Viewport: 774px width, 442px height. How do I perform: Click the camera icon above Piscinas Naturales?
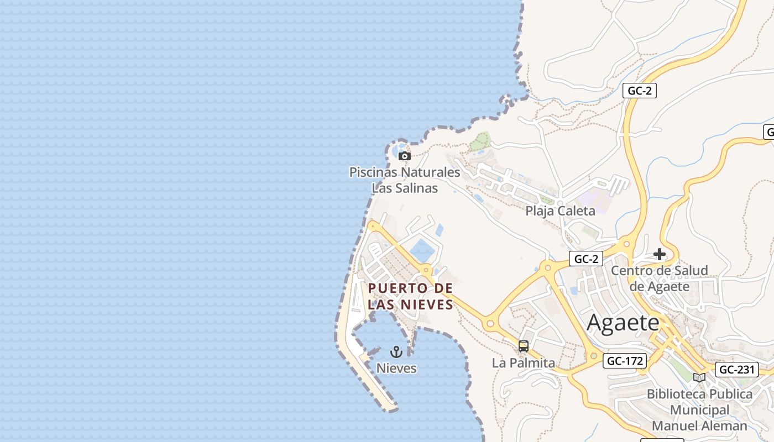[x=405, y=156]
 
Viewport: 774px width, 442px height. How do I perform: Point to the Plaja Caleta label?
[x=560, y=211]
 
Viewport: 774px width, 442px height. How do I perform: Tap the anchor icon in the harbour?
[x=396, y=352]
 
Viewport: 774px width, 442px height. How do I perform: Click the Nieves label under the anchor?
[x=396, y=368]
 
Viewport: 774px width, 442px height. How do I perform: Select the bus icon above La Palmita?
[x=523, y=347]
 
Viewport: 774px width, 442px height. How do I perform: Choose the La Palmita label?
[x=523, y=363]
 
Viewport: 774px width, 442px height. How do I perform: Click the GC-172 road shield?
[x=625, y=361]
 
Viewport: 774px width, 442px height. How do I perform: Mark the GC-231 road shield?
[x=738, y=370]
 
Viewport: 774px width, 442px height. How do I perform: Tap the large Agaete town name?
[x=623, y=323]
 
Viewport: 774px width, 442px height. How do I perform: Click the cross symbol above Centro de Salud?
[x=660, y=254]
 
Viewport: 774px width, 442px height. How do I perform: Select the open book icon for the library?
[x=699, y=377]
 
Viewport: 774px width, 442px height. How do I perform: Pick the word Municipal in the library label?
[x=699, y=411]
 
